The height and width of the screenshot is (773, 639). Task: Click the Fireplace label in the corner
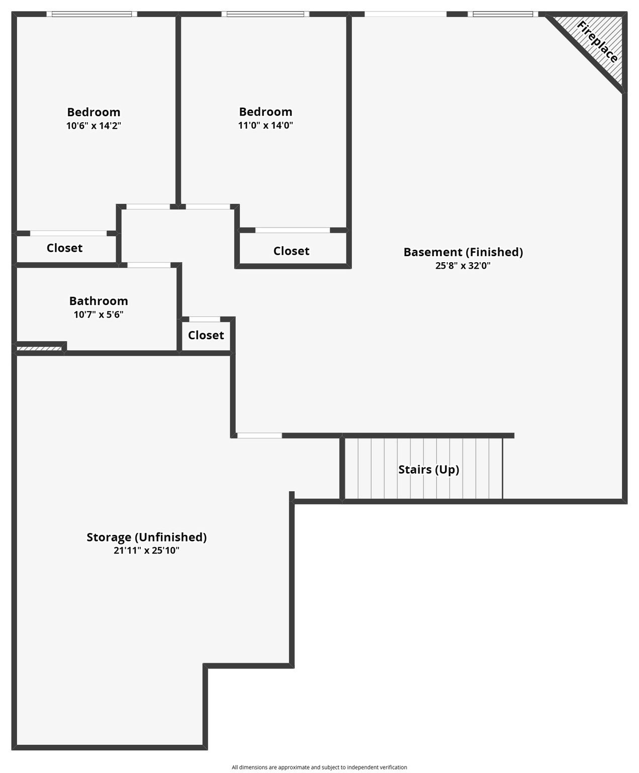point(597,42)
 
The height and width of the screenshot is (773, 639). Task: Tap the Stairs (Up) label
point(428,470)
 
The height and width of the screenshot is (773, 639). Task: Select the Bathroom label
point(99,300)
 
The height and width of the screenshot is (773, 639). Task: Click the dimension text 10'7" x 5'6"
point(99,315)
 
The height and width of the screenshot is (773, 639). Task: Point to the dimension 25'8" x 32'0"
point(463,266)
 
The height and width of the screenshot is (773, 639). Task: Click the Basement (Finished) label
point(463,252)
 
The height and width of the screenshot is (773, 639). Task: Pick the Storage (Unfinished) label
point(146,537)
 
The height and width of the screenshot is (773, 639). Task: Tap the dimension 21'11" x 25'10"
point(146,551)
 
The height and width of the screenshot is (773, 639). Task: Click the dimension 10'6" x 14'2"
point(94,126)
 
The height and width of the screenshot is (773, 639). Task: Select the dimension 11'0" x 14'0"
point(265,125)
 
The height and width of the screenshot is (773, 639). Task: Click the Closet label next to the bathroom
point(206,335)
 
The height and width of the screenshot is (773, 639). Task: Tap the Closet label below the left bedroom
point(64,248)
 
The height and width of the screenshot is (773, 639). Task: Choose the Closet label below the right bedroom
point(291,251)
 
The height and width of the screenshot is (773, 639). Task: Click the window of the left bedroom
point(92,15)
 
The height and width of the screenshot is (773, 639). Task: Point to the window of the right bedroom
point(265,15)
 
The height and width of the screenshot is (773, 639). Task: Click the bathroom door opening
point(149,265)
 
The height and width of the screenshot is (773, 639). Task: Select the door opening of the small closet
point(205,319)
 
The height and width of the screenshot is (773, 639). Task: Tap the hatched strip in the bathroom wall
point(39,349)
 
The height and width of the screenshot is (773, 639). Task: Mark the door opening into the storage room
point(259,436)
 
